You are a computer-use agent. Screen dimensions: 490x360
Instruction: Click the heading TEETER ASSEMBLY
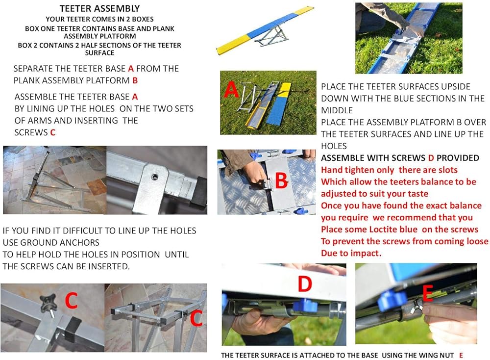99,8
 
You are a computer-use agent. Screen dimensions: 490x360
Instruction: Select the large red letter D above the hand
305,283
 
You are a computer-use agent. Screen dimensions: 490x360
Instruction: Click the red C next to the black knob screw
71,301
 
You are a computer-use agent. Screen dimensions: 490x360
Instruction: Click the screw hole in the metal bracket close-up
154,178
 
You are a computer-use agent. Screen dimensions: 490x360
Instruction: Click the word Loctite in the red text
384,229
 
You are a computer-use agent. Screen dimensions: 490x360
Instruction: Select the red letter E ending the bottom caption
461,355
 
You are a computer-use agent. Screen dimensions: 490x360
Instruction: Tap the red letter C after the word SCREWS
52,132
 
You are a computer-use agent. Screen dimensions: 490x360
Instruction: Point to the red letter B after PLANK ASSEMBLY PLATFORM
135,80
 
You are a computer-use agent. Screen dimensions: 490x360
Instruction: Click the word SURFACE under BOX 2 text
99,53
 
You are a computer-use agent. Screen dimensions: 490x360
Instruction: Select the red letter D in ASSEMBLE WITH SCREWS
431,158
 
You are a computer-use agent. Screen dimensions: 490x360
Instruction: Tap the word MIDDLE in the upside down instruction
337,110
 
